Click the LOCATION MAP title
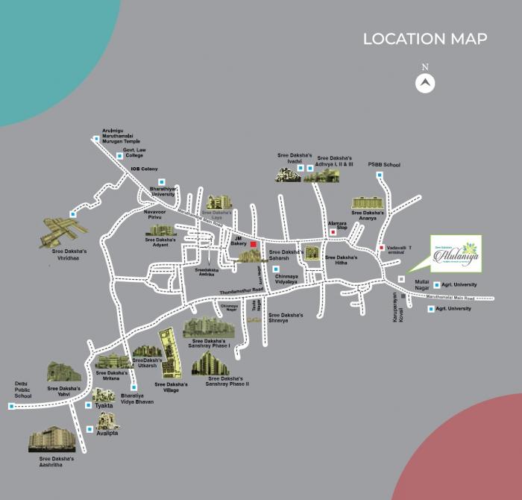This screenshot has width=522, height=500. pyautogui.click(x=425, y=39)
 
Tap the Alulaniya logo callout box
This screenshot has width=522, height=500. pyautogui.click(x=456, y=253)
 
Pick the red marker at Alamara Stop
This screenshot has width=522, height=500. pyautogui.click(x=334, y=233)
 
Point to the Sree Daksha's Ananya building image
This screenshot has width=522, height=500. pyautogui.click(x=367, y=203)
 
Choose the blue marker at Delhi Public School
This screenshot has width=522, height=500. pyautogui.click(x=11, y=406)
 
